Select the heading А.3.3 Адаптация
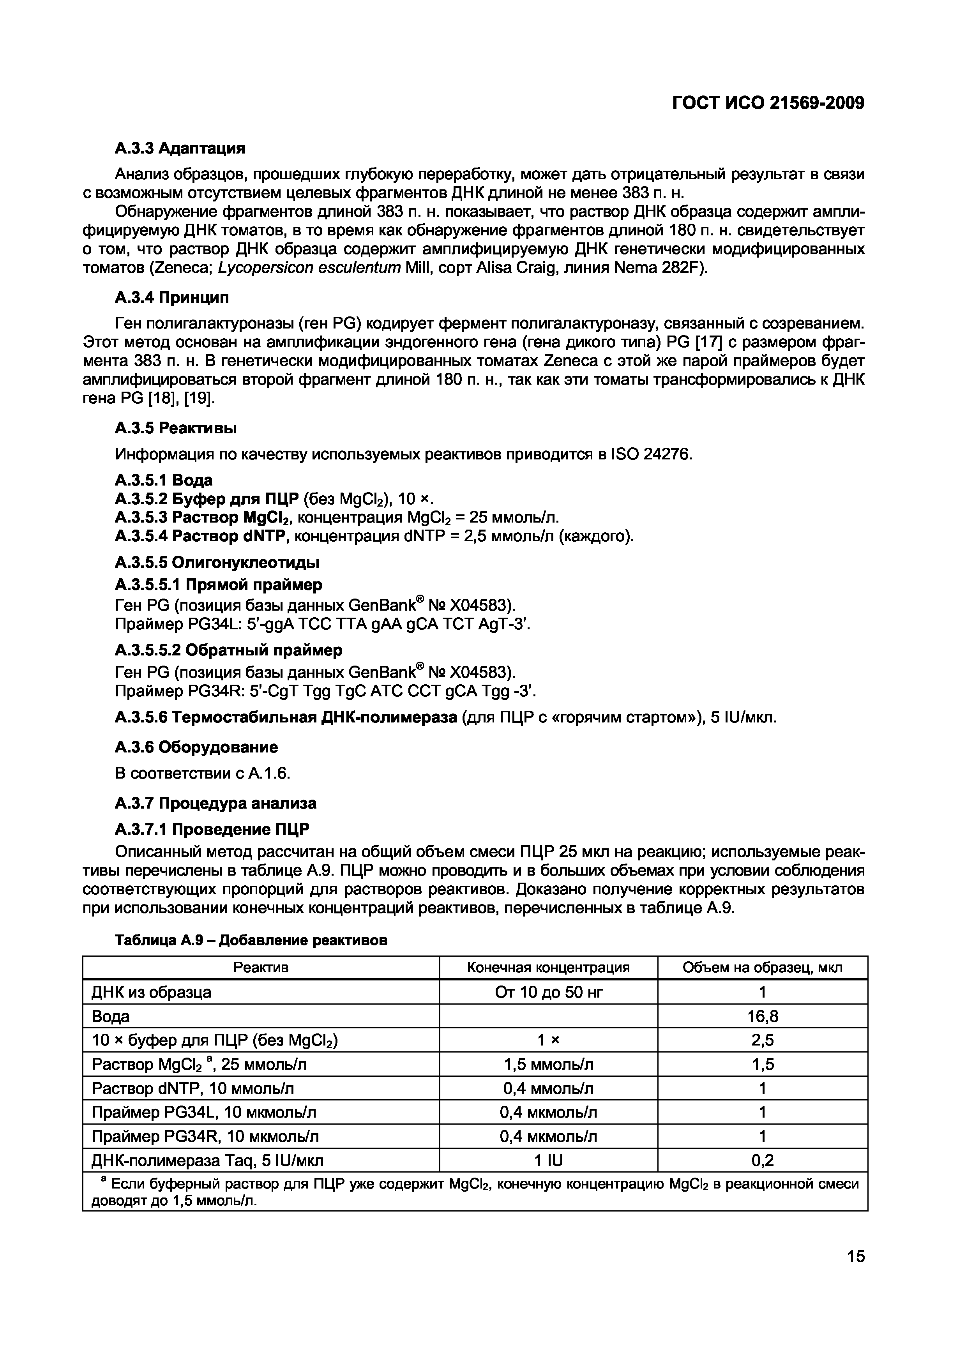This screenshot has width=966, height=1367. (x=180, y=148)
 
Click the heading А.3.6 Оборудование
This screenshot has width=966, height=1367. (x=196, y=747)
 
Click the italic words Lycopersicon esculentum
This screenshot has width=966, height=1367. (x=309, y=268)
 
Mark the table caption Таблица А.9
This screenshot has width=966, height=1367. (x=251, y=940)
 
